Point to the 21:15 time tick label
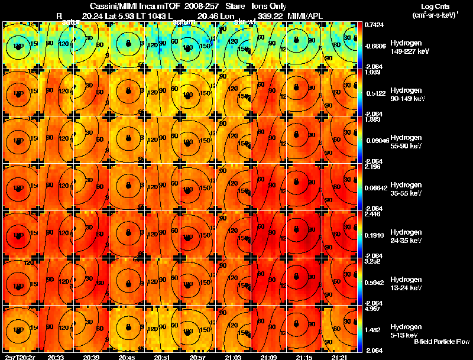[304, 357]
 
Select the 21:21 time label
[339, 357]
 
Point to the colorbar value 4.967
[373, 309]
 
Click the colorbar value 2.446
[373, 214]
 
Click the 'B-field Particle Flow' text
[442, 342]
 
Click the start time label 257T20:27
[19, 357]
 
